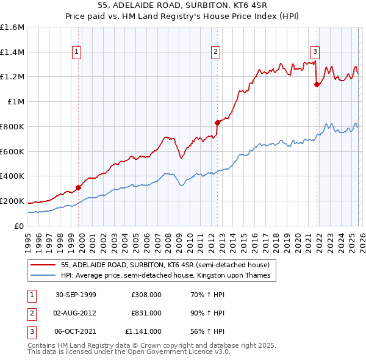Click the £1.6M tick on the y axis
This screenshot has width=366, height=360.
pos(12,27)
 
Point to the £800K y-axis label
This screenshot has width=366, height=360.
pos(12,126)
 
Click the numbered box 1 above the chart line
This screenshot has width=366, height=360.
pos(77,52)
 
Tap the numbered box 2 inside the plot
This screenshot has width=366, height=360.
pos(216,52)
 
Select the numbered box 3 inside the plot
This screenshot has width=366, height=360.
pos(315,52)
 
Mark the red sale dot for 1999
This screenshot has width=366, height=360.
pos(79,187)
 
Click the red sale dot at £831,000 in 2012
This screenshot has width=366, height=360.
pos(217,123)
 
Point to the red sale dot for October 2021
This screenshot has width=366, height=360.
pos(317,84)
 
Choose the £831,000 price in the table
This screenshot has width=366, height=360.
pos(146,313)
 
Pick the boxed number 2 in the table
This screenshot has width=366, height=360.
pos(30,313)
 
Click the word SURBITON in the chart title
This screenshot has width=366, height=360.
pos(185,7)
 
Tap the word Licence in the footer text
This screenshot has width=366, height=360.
pos(201,352)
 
